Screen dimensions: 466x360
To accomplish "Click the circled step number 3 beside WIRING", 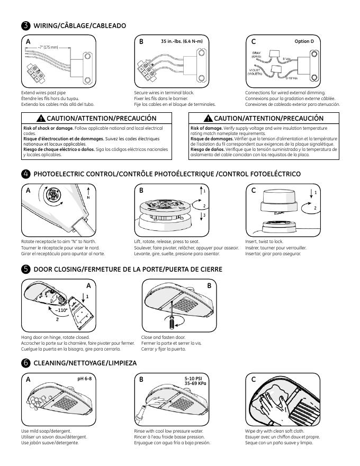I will (x=26, y=26).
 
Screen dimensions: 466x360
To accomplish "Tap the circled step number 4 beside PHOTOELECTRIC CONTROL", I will (x=26, y=174).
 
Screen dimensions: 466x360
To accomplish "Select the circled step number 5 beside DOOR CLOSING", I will (x=26, y=270).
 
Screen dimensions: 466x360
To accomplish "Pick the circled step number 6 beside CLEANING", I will (x=26, y=363).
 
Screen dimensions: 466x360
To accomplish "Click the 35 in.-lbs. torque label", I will (x=181, y=41).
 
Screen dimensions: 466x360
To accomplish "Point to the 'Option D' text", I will (x=304, y=41).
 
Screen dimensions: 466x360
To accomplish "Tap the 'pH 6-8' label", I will (x=84, y=379).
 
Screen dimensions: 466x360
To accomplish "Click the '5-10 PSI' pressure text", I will (x=194, y=379).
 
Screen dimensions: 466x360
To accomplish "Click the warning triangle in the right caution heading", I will (x=209, y=119).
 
